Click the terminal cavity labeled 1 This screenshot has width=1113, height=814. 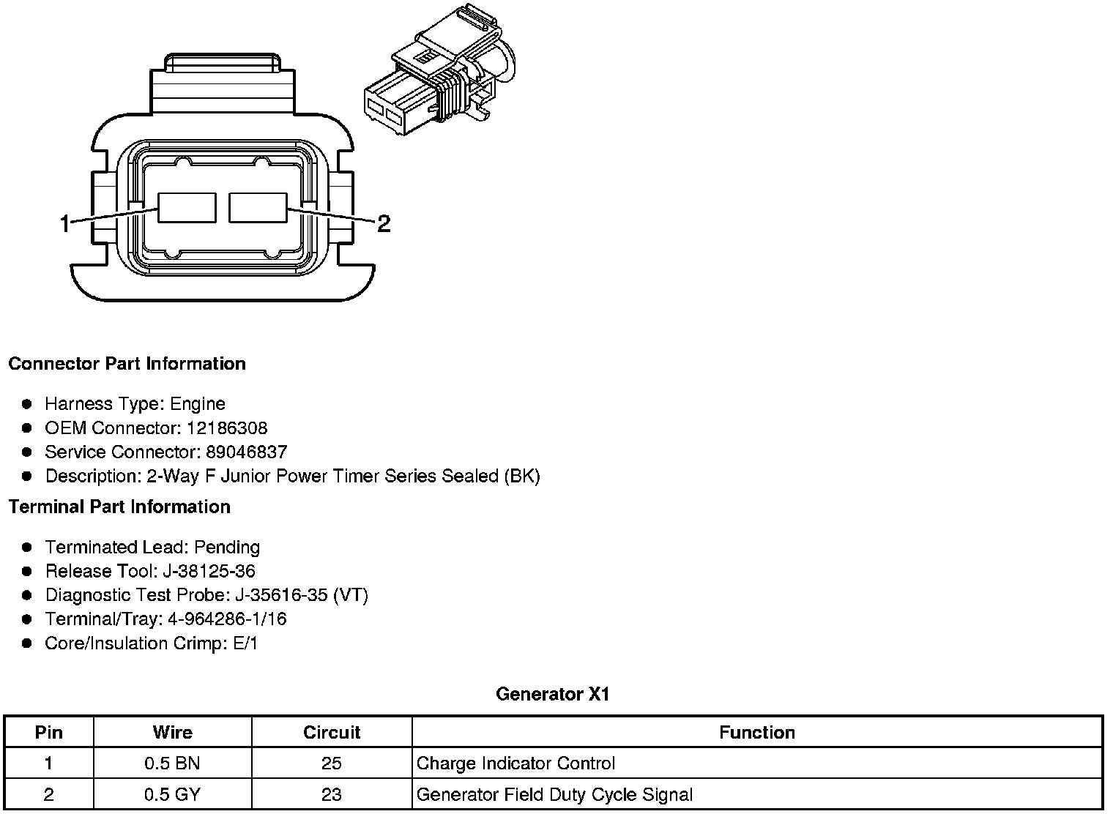(187, 208)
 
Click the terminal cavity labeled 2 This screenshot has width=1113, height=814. (258, 208)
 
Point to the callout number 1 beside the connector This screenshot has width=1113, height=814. (64, 223)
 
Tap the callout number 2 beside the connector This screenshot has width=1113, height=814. (384, 223)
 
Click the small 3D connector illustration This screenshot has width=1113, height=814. (440, 70)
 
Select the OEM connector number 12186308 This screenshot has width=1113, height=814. (227, 427)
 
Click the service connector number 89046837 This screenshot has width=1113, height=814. (247, 452)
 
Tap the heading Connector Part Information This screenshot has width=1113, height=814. (127, 364)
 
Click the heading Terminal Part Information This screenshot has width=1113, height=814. (120, 507)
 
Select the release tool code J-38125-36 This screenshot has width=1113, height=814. (209, 571)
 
